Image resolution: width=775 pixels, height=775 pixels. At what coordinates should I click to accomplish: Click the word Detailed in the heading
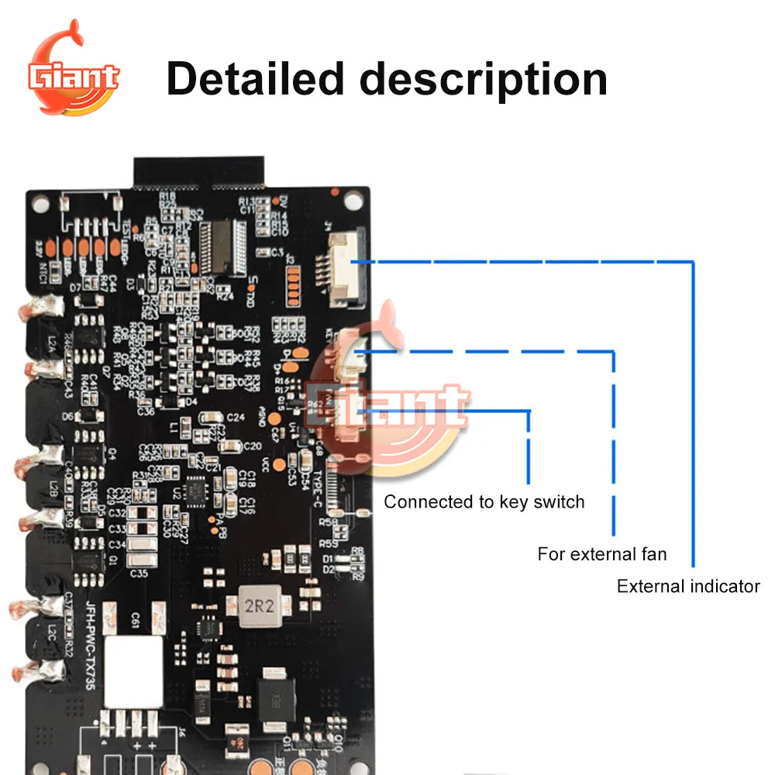click(x=255, y=79)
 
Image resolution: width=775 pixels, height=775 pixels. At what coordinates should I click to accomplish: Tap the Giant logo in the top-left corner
click(x=74, y=74)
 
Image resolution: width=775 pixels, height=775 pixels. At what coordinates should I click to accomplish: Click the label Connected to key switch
click(x=484, y=501)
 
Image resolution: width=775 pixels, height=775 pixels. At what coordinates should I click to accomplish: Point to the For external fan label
click(x=601, y=554)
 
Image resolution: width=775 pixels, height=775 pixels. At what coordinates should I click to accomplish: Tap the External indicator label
click(x=688, y=586)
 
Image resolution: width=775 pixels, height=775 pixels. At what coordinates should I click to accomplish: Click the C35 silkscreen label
click(x=139, y=573)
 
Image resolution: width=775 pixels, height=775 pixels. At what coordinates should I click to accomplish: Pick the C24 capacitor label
click(x=236, y=417)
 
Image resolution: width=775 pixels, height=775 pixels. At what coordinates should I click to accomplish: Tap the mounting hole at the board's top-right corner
click(x=353, y=201)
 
